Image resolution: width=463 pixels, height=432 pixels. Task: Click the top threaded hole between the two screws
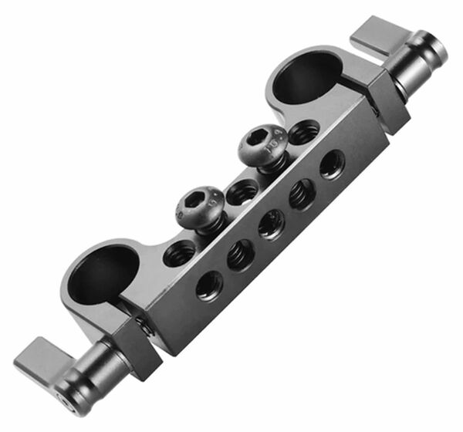click(242, 192)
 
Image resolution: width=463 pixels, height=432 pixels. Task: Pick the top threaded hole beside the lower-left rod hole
click(180, 251)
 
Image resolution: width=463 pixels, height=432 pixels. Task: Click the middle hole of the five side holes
click(271, 224)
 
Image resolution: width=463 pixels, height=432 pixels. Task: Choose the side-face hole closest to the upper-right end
click(333, 164)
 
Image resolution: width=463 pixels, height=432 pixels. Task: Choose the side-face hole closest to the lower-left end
click(209, 285)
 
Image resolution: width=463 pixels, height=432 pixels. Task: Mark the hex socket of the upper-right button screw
click(262, 139)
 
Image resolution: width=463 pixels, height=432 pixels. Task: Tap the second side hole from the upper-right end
click(302, 194)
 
